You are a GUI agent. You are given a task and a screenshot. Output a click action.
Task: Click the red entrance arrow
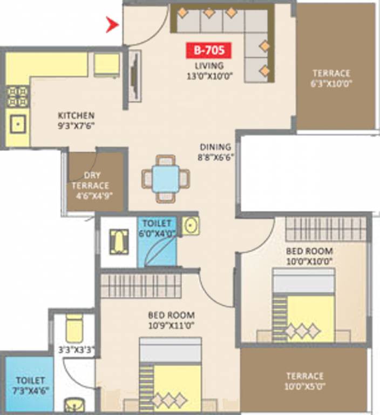[x=112, y=24]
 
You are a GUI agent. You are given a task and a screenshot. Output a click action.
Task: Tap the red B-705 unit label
[x=209, y=51]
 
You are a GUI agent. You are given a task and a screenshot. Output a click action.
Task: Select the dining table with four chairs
[x=166, y=178]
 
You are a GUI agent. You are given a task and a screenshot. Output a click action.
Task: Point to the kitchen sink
[x=18, y=125]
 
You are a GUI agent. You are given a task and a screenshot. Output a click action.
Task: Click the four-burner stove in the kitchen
[x=17, y=96]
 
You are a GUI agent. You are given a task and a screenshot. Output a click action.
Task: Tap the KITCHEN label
[x=76, y=116]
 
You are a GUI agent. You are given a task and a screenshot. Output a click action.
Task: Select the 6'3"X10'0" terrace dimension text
[x=331, y=84]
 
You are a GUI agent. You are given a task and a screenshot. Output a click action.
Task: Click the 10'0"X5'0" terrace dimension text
[x=304, y=386]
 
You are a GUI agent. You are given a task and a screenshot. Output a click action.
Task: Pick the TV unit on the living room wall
[x=134, y=76]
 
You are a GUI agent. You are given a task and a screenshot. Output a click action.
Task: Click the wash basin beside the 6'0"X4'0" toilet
[x=190, y=225]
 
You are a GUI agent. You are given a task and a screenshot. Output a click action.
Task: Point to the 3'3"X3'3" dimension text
[x=77, y=350]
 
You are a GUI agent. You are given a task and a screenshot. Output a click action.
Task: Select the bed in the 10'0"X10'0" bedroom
[x=303, y=305]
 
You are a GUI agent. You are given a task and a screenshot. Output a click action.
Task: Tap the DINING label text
[x=215, y=146]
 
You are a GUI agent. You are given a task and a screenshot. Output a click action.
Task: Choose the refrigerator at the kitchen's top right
[x=106, y=65]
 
